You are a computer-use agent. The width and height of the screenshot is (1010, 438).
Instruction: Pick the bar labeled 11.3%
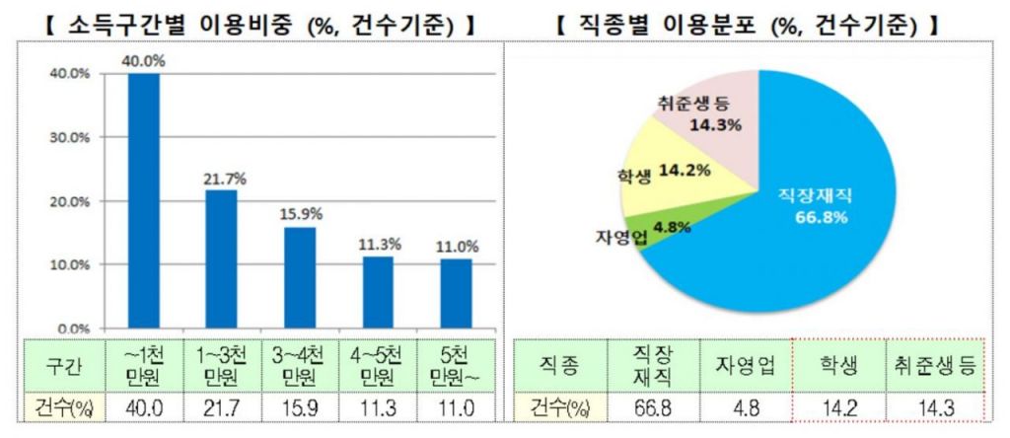point(378,292)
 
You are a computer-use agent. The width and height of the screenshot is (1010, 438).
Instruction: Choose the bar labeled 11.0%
point(456,293)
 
